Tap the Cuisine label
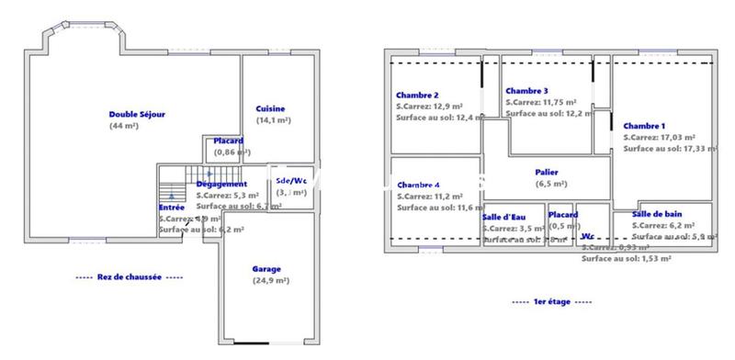(x=270, y=108)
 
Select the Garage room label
(x=267, y=269)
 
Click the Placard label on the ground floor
(x=228, y=141)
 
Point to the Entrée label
(x=171, y=208)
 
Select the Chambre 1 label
(x=644, y=126)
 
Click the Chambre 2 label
(x=417, y=96)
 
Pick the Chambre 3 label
(x=526, y=91)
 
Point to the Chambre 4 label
(x=418, y=184)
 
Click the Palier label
(x=546, y=172)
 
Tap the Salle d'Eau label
(x=504, y=216)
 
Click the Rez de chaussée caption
(x=130, y=276)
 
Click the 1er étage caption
(x=551, y=301)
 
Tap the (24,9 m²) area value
(x=268, y=281)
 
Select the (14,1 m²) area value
(x=273, y=120)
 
